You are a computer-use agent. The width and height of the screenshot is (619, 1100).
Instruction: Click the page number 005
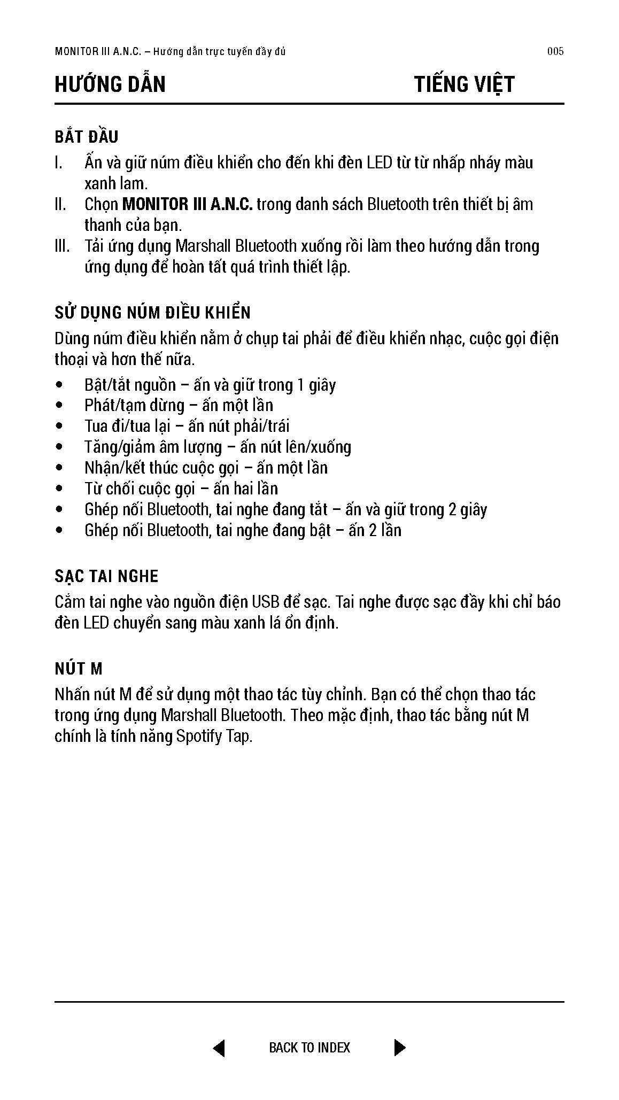(x=555, y=52)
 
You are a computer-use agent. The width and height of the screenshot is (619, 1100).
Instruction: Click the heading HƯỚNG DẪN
(x=110, y=84)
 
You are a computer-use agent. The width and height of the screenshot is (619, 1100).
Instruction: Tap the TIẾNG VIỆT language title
(x=464, y=84)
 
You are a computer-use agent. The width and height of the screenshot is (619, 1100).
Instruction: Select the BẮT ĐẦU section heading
(x=87, y=137)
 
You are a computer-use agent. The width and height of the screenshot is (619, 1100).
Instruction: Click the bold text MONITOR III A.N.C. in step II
(x=187, y=204)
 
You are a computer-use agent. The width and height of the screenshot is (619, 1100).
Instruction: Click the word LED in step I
(x=379, y=162)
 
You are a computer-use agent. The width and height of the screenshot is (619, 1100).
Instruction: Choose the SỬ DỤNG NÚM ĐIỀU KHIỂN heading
(x=152, y=313)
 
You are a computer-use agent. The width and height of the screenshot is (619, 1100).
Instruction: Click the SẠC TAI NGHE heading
(x=106, y=576)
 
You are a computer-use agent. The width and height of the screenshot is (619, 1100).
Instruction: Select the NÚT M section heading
(x=78, y=669)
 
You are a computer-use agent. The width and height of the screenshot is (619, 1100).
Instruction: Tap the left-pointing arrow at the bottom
(x=219, y=1048)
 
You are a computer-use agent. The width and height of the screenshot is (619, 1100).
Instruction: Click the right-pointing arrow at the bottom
(x=399, y=1048)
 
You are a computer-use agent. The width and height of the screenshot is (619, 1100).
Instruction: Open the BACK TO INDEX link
(x=309, y=1048)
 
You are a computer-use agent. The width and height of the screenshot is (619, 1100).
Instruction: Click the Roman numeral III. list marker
(x=62, y=246)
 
